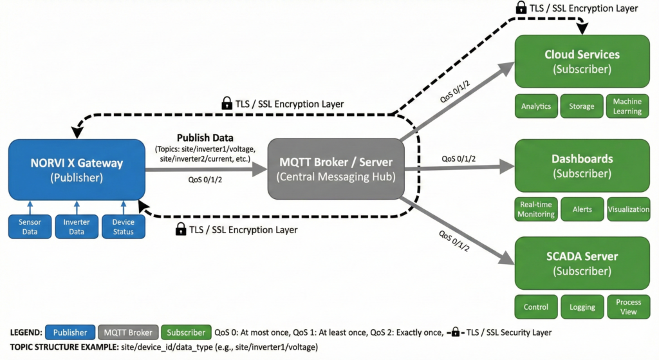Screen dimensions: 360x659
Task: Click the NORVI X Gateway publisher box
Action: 77,169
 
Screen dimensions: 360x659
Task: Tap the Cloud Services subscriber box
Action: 582,61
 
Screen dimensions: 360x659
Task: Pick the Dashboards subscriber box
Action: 582,166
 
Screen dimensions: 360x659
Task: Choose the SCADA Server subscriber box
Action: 582,263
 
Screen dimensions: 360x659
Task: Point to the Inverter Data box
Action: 76,227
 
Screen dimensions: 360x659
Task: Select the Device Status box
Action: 123,227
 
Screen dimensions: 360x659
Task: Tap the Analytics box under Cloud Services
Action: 536,106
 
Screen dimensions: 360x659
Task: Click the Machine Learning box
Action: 627,106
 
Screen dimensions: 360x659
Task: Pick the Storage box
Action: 582,106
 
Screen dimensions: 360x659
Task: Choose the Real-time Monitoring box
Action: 536,209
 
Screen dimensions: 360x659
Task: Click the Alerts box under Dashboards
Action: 582,209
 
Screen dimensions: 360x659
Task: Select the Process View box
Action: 628,307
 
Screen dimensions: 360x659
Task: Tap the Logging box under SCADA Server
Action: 582,307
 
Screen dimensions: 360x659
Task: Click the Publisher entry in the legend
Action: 70,332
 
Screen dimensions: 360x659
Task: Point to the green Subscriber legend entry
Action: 186,332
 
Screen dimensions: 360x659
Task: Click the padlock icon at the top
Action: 521,8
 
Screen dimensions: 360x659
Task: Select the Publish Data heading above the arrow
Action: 206,137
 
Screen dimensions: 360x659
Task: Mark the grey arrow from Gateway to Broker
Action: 206,169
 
